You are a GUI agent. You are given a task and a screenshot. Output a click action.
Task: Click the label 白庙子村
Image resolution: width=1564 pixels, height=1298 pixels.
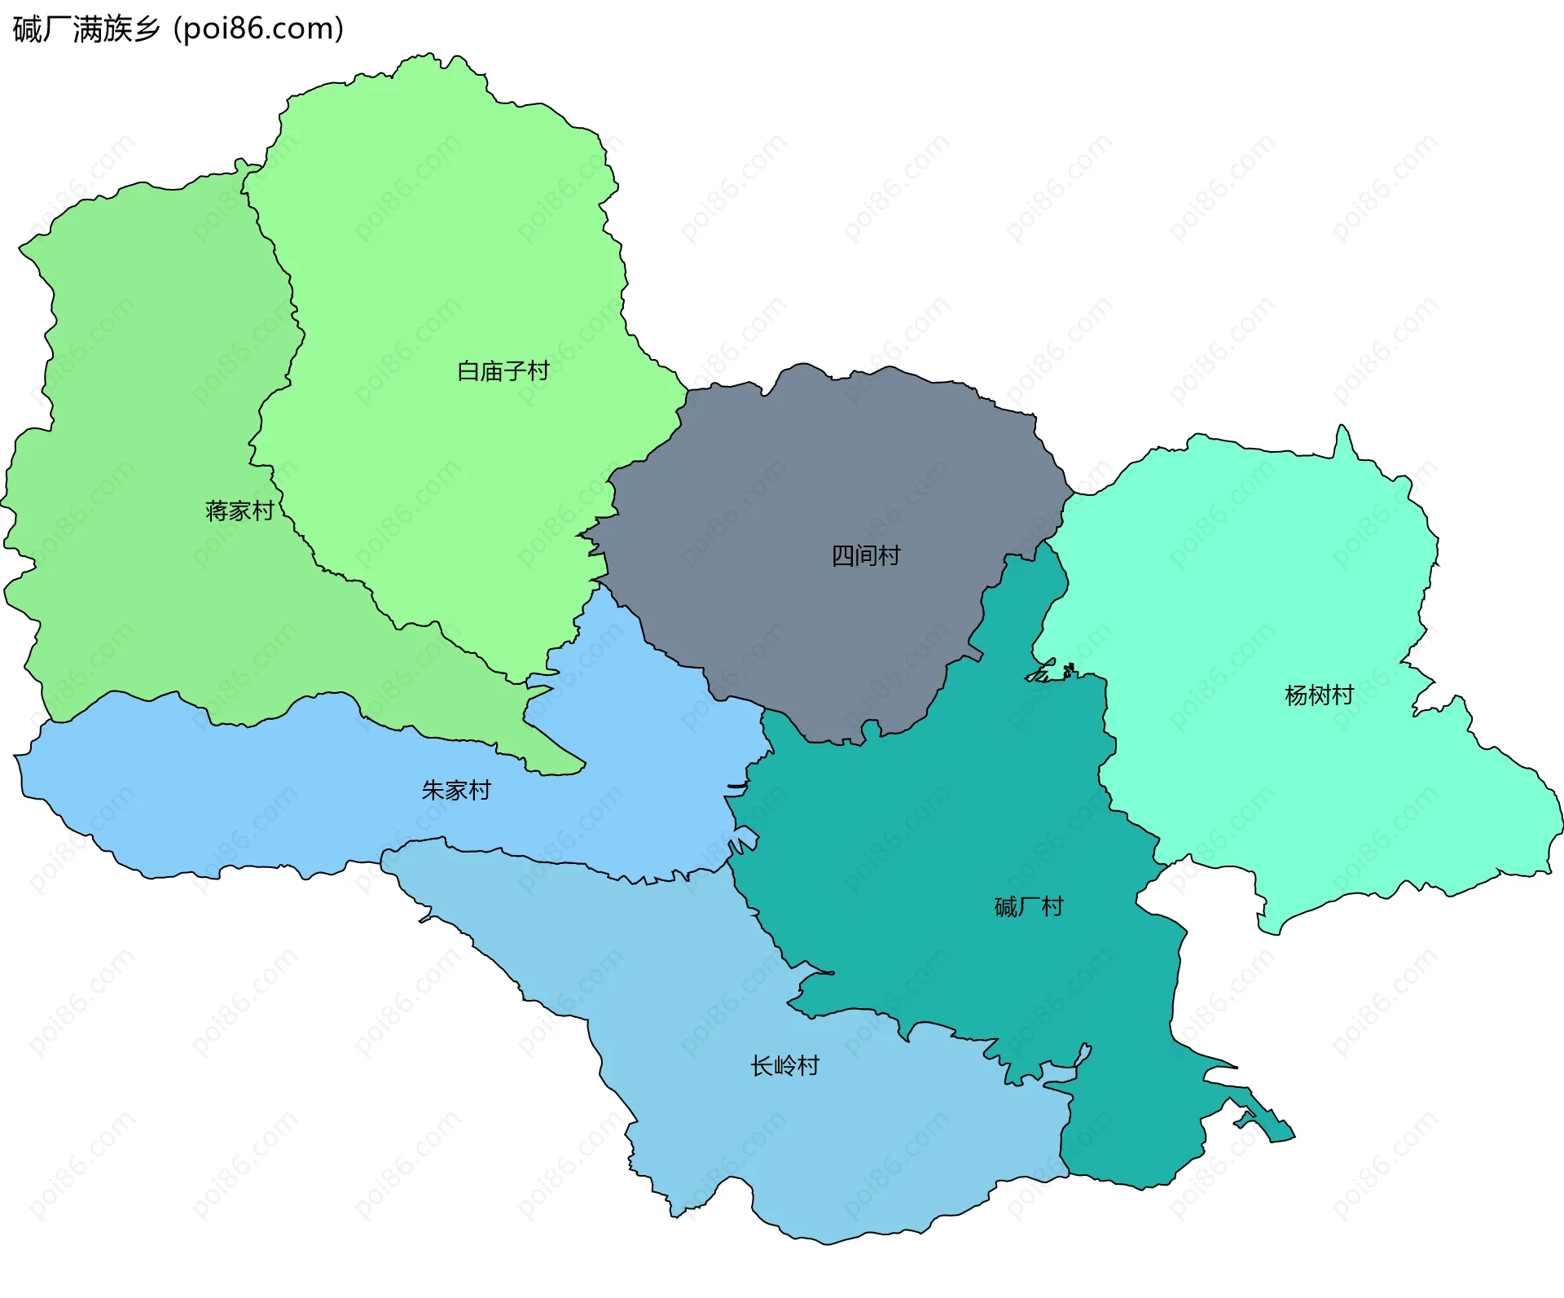503,371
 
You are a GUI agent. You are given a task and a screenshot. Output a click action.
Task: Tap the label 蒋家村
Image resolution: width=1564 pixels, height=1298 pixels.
239,511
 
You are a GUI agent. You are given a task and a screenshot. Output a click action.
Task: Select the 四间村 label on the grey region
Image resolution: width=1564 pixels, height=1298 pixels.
866,556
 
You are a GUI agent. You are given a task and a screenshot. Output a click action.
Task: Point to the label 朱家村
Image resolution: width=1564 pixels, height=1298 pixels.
456,791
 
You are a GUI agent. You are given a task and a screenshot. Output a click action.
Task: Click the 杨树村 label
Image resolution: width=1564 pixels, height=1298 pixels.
1319,695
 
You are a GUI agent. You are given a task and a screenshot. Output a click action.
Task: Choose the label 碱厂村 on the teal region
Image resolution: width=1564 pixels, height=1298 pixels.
1029,907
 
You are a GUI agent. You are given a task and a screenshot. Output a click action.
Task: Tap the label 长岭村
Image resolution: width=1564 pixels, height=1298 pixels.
784,1066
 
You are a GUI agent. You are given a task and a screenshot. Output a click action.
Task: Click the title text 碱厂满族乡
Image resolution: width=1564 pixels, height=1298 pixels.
86,29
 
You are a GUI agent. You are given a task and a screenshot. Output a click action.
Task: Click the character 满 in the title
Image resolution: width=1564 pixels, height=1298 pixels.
86,29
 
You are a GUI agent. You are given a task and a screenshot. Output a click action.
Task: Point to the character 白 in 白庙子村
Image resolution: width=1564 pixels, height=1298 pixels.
468,371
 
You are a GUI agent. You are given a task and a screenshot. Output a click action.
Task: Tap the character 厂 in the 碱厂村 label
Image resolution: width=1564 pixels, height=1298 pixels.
1029,907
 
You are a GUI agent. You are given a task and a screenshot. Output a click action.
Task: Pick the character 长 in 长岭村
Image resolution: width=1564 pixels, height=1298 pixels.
761,1066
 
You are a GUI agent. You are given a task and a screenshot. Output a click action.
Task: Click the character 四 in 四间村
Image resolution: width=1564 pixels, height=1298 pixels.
842,556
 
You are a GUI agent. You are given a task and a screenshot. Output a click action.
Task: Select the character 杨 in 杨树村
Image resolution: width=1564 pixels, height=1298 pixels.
1296,695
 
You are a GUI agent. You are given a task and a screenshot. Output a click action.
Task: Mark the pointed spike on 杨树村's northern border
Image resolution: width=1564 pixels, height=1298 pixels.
1342,428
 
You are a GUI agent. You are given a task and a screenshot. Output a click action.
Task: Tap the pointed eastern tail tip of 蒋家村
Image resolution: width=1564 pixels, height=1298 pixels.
582,765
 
